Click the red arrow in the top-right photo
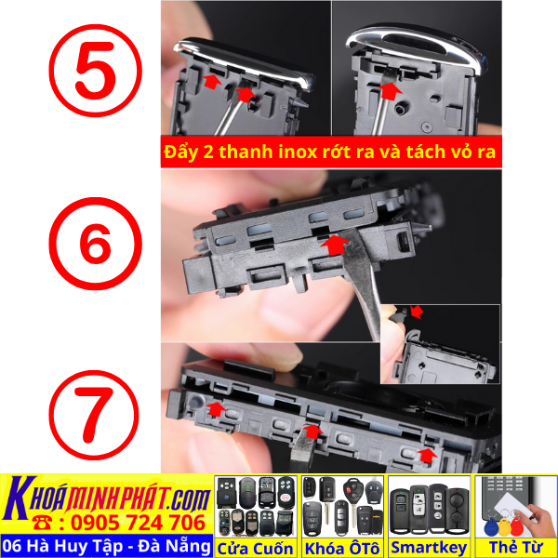click(389, 91)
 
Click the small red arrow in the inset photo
click(415, 310)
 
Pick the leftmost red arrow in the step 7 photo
click(215, 407)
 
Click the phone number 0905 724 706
click(132, 522)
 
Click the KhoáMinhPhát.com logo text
click(108, 493)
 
